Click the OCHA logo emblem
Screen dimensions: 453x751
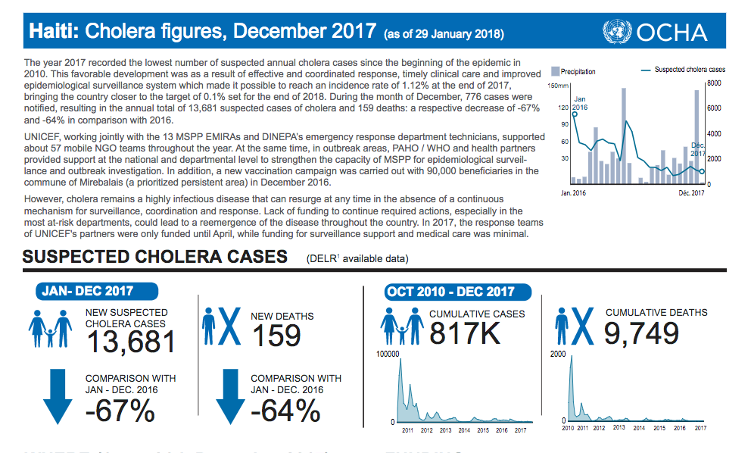coord(618,32)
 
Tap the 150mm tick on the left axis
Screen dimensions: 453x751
coord(556,86)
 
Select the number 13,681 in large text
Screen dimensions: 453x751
coord(130,342)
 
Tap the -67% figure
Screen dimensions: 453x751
coord(121,410)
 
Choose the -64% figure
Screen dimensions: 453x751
coord(285,410)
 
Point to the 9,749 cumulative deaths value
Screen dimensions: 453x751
coord(641,333)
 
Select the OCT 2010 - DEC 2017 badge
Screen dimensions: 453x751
coord(450,292)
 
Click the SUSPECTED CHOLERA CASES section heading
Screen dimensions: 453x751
coord(154,257)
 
